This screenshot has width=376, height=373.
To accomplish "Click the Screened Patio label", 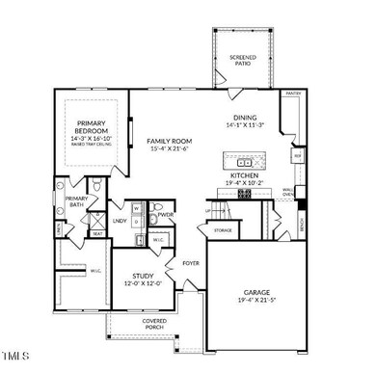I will pyautogui.click(x=243, y=61).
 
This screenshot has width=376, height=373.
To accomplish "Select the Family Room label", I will pyautogui.click(x=168, y=141).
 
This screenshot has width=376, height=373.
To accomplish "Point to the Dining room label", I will pyautogui.click(x=243, y=119).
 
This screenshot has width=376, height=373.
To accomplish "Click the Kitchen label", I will pyautogui.click(x=243, y=175).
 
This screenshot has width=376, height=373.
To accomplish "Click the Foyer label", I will pyautogui.click(x=191, y=261).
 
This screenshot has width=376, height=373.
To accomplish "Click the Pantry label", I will pyautogui.click(x=293, y=94).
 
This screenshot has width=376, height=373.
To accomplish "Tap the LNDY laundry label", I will pyautogui.click(x=120, y=221).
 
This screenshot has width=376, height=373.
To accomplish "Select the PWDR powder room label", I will pyautogui.click(x=166, y=215).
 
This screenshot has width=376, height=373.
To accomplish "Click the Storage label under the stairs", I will pyautogui.click(x=223, y=230).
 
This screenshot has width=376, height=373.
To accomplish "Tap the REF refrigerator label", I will pyautogui.click(x=298, y=155).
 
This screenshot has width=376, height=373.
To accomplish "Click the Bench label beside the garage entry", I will pyautogui.click(x=303, y=225).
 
